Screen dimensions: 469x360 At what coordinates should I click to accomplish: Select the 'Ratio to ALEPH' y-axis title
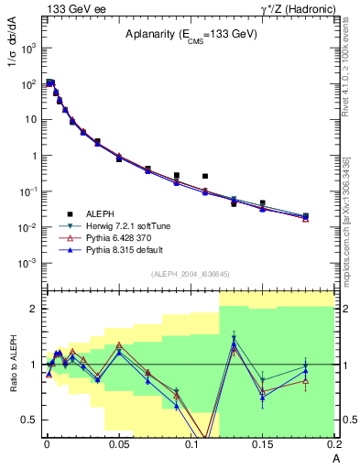[x=12, y=365]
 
